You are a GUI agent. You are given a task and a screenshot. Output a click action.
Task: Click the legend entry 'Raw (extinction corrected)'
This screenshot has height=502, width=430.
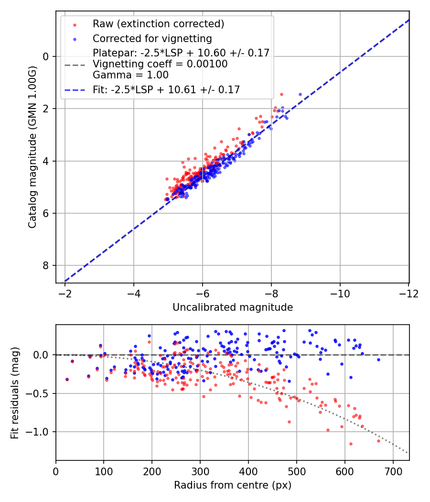pos(158,24)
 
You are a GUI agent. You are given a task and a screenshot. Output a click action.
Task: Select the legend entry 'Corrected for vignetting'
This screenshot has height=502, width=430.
pos(152,38)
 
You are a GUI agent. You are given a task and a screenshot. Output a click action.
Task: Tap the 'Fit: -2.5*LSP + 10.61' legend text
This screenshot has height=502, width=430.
pos(166,89)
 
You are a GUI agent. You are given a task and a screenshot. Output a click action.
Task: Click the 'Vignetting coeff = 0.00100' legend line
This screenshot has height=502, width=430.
pos(160,64)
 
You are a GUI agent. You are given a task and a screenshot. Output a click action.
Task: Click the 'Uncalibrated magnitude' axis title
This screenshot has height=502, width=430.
pos(233,307)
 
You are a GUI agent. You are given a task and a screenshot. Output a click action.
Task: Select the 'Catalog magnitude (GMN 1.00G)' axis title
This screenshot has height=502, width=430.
pos(32,148)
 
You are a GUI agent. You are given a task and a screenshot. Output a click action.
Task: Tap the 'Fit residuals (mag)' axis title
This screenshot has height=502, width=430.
pos(15,392)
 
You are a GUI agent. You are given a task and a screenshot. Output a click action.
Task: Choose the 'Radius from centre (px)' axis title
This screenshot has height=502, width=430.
pos(233,485)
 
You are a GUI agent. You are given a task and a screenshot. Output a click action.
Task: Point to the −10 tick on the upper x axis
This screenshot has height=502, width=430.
pos(340,293)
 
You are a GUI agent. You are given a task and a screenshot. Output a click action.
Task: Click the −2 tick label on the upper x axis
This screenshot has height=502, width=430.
pos(65,293)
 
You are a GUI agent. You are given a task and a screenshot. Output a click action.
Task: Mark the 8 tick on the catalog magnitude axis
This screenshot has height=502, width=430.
pos(46,265)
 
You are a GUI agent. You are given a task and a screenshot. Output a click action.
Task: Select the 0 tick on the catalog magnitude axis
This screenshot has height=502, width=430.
pos(46,56)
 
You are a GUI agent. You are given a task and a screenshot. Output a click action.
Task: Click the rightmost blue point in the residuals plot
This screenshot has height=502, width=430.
pos(378,360)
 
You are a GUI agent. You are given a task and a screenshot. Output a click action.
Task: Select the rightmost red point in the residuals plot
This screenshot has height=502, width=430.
pos(378,441)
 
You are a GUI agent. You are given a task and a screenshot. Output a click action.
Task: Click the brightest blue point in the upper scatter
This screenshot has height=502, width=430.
pos(300,94)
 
